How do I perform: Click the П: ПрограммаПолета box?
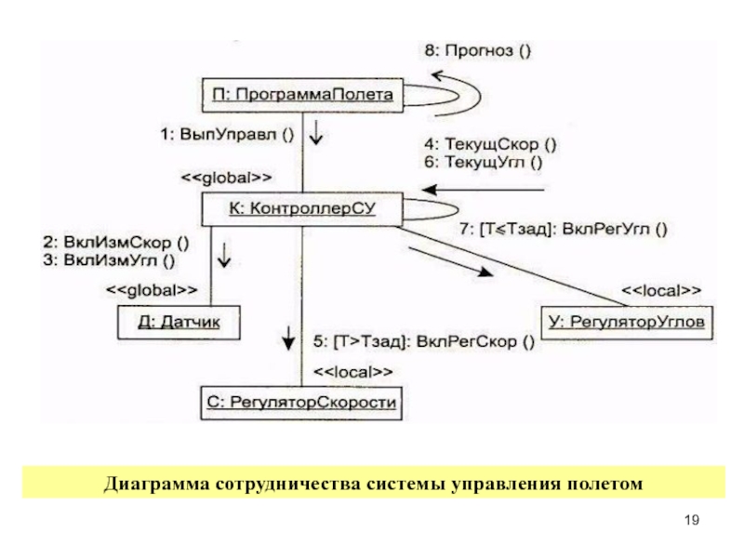[303, 96]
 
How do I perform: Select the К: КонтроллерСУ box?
[302, 208]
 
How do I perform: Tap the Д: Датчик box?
[179, 323]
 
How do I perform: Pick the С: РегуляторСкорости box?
[301, 403]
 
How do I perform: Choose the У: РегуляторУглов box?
[627, 323]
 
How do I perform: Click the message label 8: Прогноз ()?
[478, 51]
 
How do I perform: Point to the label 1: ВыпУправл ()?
[227, 135]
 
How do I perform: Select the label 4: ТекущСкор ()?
[491, 144]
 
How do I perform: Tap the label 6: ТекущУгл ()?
[484, 163]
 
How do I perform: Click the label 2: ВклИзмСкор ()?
[116, 243]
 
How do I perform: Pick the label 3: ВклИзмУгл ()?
[109, 260]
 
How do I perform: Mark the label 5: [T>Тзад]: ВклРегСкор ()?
[424, 342]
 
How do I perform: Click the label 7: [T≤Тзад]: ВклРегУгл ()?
[564, 230]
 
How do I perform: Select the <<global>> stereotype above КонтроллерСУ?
[226, 179]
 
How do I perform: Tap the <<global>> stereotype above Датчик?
[152, 290]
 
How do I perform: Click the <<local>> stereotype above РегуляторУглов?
[661, 290]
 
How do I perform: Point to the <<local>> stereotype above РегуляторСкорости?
[353, 373]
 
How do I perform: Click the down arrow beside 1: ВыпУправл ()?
[316, 132]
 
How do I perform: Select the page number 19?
[692, 520]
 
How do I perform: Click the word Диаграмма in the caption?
[156, 484]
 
